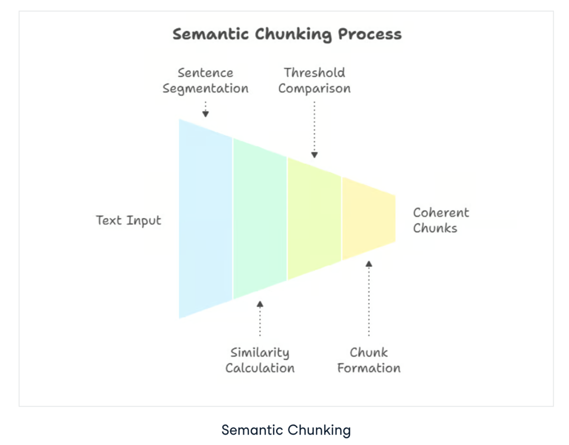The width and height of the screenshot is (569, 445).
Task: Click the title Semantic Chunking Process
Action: tap(287, 35)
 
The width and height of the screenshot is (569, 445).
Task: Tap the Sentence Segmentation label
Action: tap(205, 81)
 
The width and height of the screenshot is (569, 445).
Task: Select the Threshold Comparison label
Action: tap(315, 81)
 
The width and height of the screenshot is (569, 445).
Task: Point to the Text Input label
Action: tap(129, 220)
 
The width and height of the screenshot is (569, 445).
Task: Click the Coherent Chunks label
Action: tap(440, 220)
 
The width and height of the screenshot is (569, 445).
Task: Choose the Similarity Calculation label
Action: tap(260, 360)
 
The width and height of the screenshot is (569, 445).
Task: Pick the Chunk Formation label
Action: tap(369, 360)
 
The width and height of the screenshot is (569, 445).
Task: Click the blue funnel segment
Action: tap(205, 219)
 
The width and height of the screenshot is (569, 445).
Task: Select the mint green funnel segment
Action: tap(260, 219)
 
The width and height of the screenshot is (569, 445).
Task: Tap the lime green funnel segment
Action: tap(314, 219)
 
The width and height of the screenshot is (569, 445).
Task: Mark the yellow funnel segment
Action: tap(368, 219)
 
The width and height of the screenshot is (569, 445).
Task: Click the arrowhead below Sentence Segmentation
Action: tap(205, 113)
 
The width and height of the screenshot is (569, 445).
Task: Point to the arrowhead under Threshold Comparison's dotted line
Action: tap(315, 155)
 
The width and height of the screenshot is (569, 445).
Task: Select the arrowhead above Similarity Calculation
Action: tap(260, 304)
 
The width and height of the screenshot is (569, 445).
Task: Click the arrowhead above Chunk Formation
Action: tap(369, 263)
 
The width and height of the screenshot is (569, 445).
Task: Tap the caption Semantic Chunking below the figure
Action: tap(286, 430)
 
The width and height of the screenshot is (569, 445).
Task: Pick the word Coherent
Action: tap(440, 213)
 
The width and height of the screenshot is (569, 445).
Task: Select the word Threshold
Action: tap(315, 73)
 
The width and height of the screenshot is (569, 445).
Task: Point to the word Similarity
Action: tap(260, 353)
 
